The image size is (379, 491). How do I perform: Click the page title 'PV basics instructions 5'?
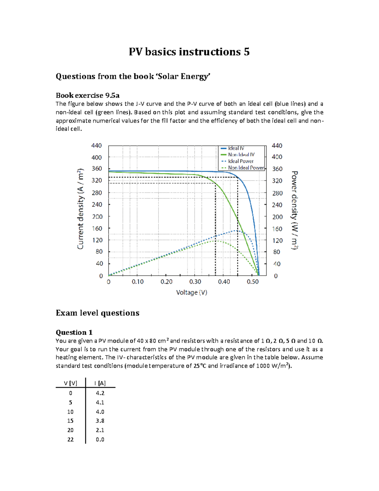point(189,52)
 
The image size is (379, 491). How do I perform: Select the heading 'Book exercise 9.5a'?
point(87,95)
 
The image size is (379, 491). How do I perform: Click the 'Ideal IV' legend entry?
point(236,148)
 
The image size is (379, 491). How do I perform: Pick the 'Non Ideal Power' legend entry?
point(246,168)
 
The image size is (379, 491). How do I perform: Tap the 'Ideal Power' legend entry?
point(241,161)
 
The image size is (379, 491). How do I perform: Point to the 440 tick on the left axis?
point(96,145)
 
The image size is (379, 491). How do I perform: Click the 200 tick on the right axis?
point(277,217)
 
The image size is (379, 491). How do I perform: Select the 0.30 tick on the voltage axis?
point(195,281)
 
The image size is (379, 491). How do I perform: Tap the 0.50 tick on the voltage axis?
point(253,281)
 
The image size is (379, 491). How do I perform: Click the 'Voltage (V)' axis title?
point(192,292)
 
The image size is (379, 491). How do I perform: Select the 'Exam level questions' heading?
point(98,313)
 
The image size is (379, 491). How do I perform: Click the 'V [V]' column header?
point(70,383)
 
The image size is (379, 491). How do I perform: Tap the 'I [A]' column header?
point(100,383)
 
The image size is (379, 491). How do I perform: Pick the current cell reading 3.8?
point(100,421)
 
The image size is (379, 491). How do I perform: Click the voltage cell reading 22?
point(70,439)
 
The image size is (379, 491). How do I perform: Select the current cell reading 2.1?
point(100,430)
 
